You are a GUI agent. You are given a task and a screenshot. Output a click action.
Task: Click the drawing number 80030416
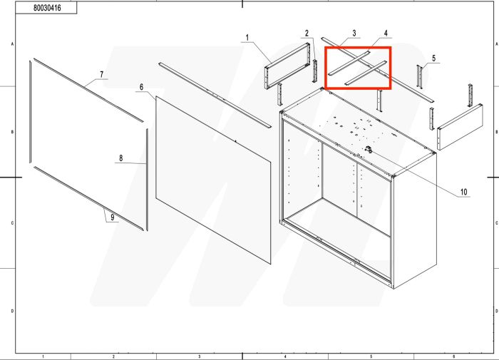click(46, 11)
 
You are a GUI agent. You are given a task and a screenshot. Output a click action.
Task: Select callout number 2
click(307, 34)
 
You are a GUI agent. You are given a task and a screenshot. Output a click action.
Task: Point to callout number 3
click(354, 34)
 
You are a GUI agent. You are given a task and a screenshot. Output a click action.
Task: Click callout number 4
click(386, 34)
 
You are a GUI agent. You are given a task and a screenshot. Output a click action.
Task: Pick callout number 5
click(434, 57)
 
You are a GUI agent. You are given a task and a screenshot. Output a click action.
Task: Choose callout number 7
click(101, 74)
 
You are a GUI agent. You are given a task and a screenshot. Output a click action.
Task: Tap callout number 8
click(120, 158)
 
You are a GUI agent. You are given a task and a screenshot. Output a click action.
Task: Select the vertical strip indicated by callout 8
click(147, 178)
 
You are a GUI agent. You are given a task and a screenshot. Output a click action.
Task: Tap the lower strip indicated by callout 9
click(86, 197)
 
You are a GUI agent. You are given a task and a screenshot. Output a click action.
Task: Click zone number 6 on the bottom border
click(454, 356)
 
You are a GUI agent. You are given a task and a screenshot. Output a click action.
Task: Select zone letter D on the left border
click(7, 312)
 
